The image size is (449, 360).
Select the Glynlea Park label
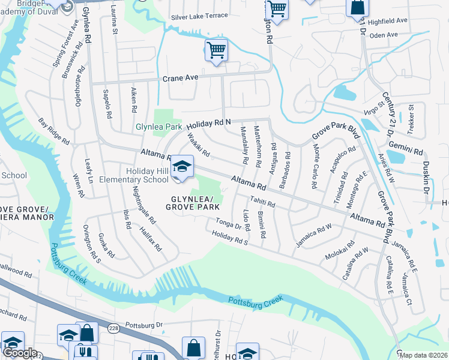158,127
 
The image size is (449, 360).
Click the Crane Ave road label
181,79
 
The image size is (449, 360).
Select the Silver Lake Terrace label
199,16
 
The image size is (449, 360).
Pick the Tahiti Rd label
263,203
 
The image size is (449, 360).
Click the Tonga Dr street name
229,224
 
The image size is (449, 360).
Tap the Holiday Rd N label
208,125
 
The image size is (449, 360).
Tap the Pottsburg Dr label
144,325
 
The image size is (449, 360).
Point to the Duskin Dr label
426,177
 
